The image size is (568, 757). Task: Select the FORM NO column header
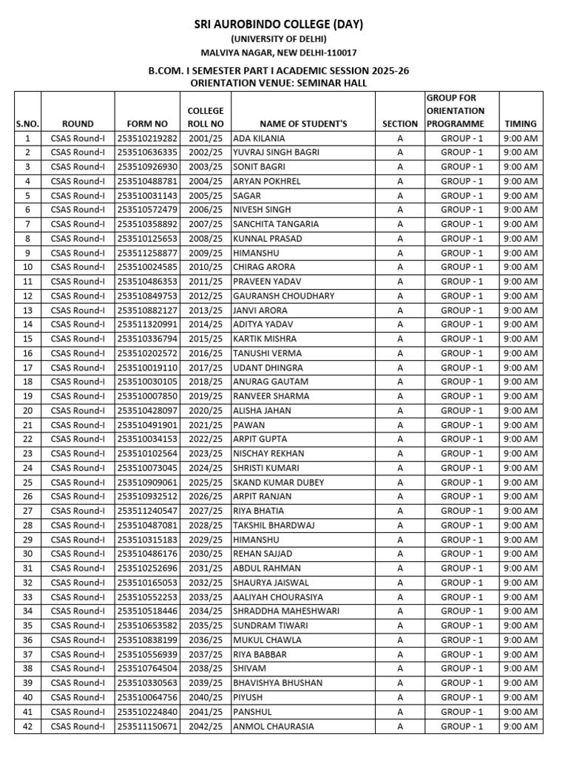pyautogui.click(x=147, y=124)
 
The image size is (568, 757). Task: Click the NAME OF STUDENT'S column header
pyautogui.click(x=303, y=124)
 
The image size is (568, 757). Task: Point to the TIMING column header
pyautogui.click(x=520, y=124)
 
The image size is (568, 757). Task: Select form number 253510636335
pyautogui.click(x=147, y=152)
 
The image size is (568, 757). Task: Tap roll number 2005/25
pyautogui.click(x=206, y=196)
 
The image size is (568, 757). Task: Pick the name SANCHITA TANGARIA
pyautogui.click(x=276, y=224)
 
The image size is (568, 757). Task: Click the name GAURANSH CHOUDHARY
pyautogui.click(x=283, y=296)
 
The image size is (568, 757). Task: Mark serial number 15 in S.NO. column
pyautogui.click(x=27, y=339)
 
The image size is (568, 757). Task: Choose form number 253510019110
pyautogui.click(x=147, y=367)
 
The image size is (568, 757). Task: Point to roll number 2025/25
pyautogui.click(x=206, y=482)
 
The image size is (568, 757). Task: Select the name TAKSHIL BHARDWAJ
pyautogui.click(x=274, y=525)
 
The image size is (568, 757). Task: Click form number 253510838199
pyautogui.click(x=147, y=640)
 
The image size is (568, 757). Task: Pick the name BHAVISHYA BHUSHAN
pyautogui.click(x=278, y=683)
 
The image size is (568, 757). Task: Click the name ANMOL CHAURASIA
pyautogui.click(x=274, y=727)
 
